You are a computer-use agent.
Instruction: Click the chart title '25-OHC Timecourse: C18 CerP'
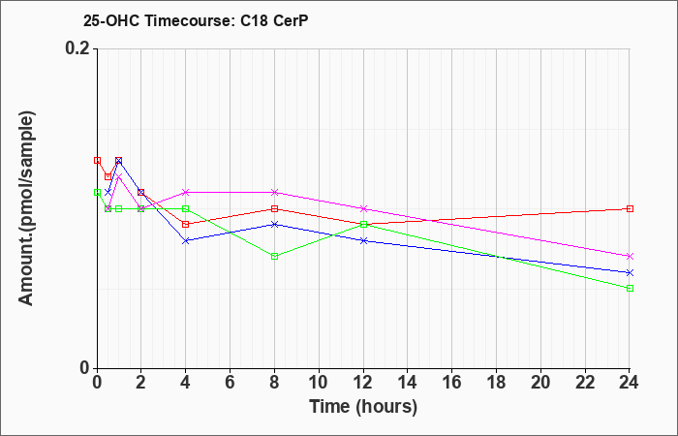point(196,21)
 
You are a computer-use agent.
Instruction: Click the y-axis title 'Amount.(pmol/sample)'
point(26,208)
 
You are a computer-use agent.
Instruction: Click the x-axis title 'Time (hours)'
point(363,407)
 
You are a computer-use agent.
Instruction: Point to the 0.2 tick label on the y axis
point(77,48)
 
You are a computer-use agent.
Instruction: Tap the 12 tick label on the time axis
point(363,383)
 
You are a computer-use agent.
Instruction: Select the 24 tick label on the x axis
point(630,383)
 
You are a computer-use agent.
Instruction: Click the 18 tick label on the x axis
point(496,383)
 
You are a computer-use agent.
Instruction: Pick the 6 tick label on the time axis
point(231,383)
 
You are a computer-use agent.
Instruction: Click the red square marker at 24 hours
point(630,209)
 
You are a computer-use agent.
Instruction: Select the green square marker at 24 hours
point(630,288)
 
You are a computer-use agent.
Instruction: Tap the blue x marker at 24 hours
point(630,272)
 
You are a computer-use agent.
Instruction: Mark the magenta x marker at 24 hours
point(630,257)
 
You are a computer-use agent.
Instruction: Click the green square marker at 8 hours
point(274,257)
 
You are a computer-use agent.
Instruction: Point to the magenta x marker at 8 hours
point(274,192)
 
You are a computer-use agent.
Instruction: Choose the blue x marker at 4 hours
point(186,240)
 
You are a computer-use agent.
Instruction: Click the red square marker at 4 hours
point(186,224)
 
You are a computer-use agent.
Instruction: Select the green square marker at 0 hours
point(97,192)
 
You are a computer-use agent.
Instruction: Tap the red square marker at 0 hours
point(97,161)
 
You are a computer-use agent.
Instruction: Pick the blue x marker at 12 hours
point(363,240)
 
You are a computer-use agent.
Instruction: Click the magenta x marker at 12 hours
point(363,209)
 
